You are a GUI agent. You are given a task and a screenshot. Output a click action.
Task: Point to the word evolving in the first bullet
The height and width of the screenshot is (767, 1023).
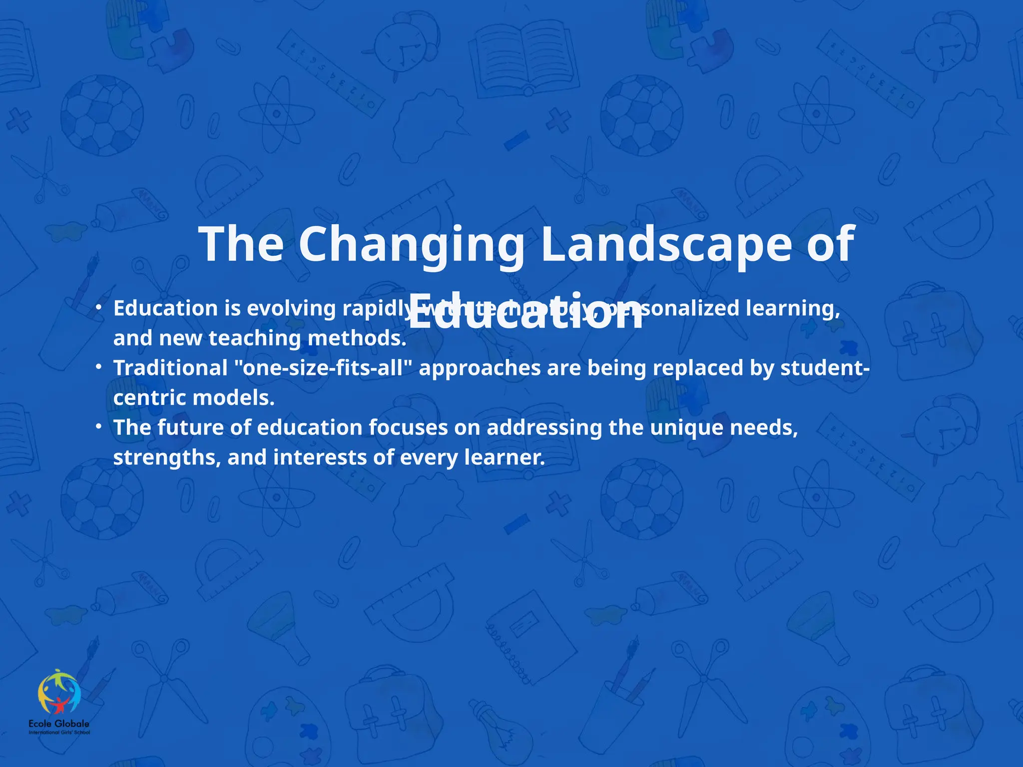291,309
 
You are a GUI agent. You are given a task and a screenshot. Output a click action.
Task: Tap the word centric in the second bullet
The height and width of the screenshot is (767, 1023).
149,398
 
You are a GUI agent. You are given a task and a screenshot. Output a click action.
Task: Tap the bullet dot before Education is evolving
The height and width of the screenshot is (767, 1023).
99,308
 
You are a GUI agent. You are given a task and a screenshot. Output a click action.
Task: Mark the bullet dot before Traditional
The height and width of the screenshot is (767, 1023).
99,368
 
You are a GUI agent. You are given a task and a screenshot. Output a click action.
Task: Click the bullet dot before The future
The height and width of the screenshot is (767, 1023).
99,427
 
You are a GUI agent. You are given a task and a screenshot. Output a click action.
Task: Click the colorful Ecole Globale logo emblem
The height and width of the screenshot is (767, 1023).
59,692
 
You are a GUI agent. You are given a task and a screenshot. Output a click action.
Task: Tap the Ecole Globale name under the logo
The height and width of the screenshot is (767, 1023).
59,724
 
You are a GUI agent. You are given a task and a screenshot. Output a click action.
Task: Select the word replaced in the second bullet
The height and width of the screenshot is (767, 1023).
697,368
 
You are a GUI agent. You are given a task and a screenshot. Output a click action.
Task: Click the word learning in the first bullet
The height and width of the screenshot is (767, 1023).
792,309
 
